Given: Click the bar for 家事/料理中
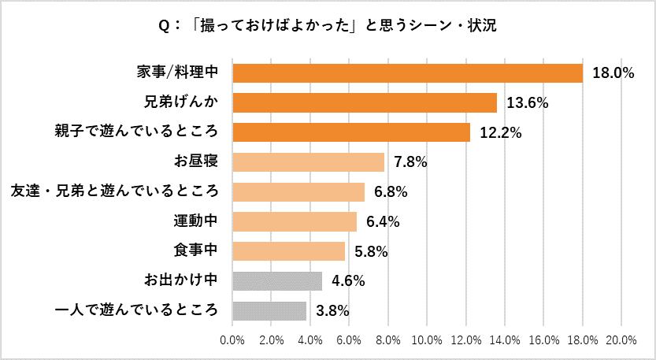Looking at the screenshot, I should [407, 73].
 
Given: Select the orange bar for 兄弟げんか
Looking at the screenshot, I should [365, 102].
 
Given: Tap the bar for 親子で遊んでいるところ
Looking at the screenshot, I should [351, 132].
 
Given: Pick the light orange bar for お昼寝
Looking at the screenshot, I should [308, 162].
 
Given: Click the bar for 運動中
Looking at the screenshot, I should [295, 221].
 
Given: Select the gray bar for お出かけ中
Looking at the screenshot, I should [277, 280].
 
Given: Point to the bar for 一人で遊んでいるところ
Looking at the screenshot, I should [269, 310].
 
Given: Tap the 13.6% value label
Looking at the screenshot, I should [526, 103].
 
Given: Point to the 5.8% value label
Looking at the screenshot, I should [369, 251].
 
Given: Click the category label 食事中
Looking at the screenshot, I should [195, 251].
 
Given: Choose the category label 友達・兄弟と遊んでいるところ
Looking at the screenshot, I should [113, 191].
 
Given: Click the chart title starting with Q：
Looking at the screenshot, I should [328, 26].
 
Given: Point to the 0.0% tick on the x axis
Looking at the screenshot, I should [232, 340].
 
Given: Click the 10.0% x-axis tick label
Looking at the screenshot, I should [427, 340].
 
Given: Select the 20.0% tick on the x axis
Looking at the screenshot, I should [621, 340].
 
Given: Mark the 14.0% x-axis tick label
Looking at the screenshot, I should [505, 340].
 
